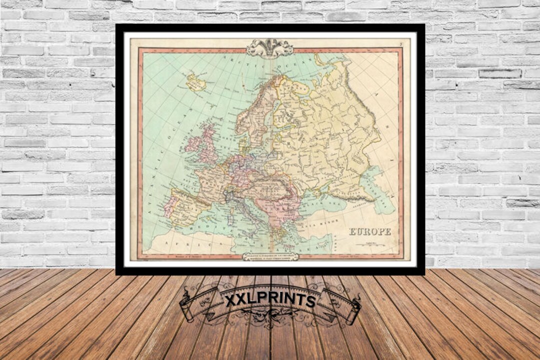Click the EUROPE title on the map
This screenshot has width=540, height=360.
(x=369, y=231)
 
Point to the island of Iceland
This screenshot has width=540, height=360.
(x=196, y=82)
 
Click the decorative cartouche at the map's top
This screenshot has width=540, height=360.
(x=270, y=48)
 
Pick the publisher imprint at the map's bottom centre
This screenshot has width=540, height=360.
(x=270, y=256)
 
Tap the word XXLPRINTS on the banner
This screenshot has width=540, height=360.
(x=270, y=300)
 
